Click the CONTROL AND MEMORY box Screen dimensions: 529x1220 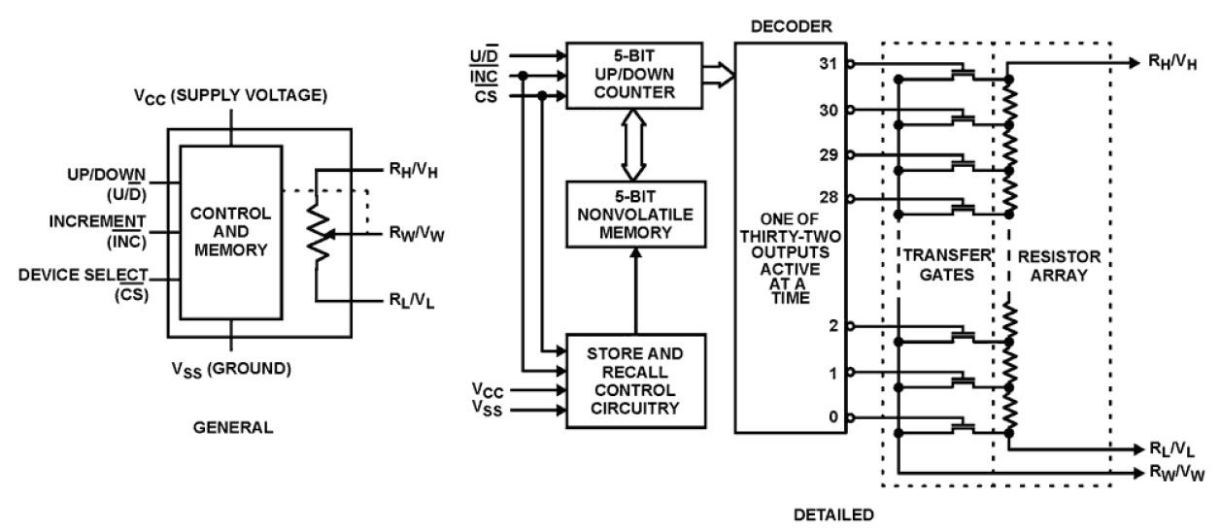tap(230, 232)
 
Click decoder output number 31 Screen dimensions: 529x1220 tap(828, 65)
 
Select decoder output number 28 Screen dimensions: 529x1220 tap(828, 199)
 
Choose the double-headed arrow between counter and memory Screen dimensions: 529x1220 tap(633, 149)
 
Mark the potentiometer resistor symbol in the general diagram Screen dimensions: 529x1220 tap(317, 233)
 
